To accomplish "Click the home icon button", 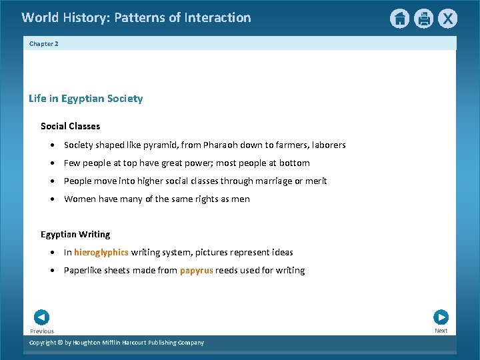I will tap(399, 19).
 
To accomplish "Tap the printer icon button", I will tap(424, 19).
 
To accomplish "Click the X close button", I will tap(448, 19).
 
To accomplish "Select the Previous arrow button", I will tap(41, 317).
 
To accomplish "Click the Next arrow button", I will tap(441, 317).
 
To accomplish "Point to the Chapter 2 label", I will tap(44, 43).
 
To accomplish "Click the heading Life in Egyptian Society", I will tap(85, 99).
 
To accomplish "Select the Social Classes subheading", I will tap(70, 126).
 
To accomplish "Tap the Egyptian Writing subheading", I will tap(75, 234).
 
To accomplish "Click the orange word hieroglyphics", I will tap(101, 252).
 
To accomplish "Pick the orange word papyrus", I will tap(196, 270).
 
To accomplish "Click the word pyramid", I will tap(173, 145).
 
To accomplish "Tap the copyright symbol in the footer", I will tap(59, 343).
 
